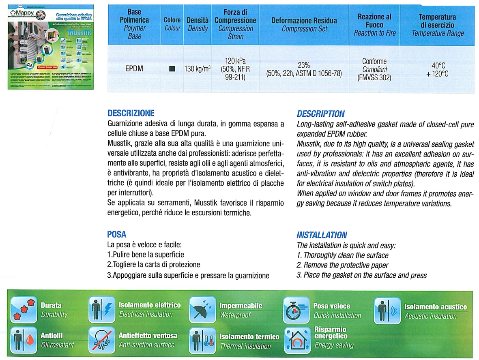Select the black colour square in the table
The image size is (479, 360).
coord(172,69)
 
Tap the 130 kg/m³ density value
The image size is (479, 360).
coord(198,69)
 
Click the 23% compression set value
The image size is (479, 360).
coord(304,65)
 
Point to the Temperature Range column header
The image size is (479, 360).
coord(438,25)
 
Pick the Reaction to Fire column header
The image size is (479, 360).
coord(374,25)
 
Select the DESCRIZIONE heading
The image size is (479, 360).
coord(131,113)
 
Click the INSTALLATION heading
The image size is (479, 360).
coord(322,235)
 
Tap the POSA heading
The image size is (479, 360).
coord(117,234)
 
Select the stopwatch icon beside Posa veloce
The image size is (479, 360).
coord(296,310)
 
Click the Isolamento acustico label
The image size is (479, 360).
coord(436,307)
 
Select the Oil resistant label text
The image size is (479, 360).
coord(57,345)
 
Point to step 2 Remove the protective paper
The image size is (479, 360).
coord(342,265)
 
